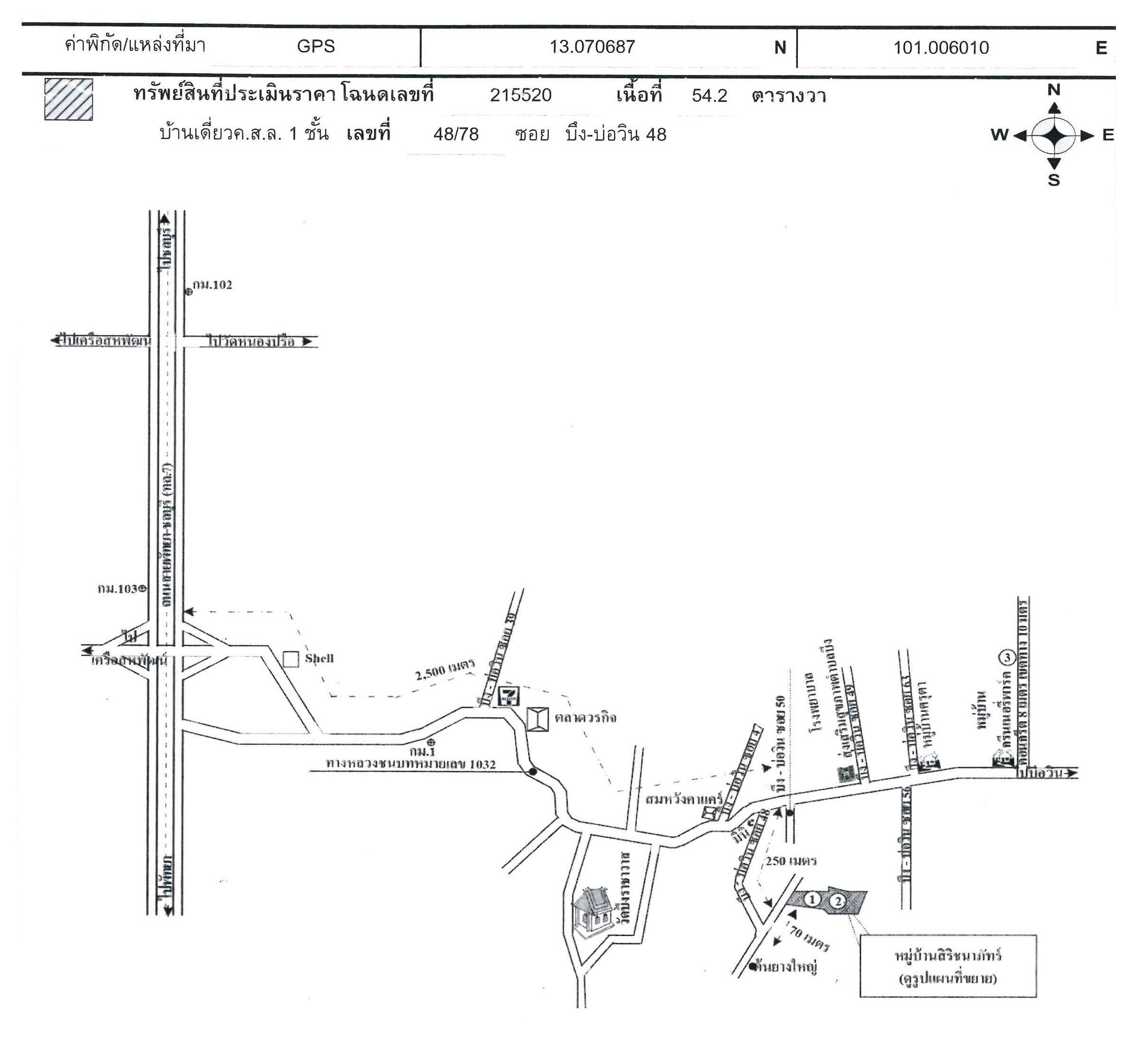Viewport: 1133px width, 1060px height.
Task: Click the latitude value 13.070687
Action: pos(591,47)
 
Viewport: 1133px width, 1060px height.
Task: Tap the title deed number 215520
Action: pos(520,95)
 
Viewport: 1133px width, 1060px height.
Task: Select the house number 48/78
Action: pos(455,135)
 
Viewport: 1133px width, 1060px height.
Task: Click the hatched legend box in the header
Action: pos(68,99)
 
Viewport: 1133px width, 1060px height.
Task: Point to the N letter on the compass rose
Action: pos(1053,90)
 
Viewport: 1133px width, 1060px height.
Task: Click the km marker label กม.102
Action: pos(212,285)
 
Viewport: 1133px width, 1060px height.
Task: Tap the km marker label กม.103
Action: pos(117,589)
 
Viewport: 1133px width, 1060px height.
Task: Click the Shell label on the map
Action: pos(319,659)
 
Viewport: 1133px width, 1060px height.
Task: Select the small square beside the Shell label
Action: pos(291,660)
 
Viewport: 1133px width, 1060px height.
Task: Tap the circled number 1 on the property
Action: pos(812,900)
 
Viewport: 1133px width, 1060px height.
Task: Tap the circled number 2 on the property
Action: pos(837,901)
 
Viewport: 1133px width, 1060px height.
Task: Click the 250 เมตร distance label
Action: pos(791,861)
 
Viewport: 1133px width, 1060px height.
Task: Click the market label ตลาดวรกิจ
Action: pos(585,718)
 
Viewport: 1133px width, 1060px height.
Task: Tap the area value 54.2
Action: pos(709,96)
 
